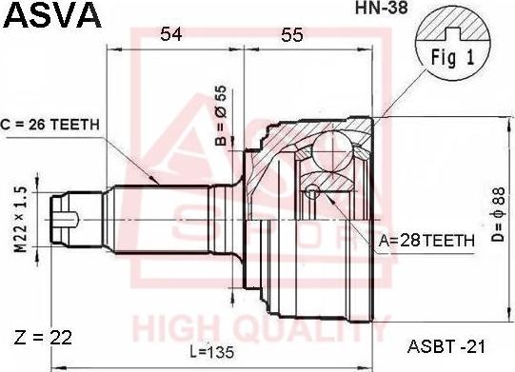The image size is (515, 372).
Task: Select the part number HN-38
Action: click(352, 16)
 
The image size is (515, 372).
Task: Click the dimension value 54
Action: click(170, 35)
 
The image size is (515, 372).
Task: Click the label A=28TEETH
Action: click(426, 242)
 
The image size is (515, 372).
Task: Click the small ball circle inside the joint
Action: click(313, 193)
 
